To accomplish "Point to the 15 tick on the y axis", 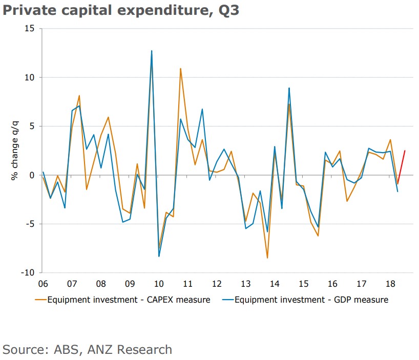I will tap(29, 29).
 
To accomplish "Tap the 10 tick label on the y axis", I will tap(29, 77).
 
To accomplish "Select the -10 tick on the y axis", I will tap(27, 272).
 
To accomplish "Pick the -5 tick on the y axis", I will tap(29, 224).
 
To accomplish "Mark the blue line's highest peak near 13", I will tap(152, 51).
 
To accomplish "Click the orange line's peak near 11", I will tap(181, 69).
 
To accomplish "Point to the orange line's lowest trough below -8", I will tap(267, 258).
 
